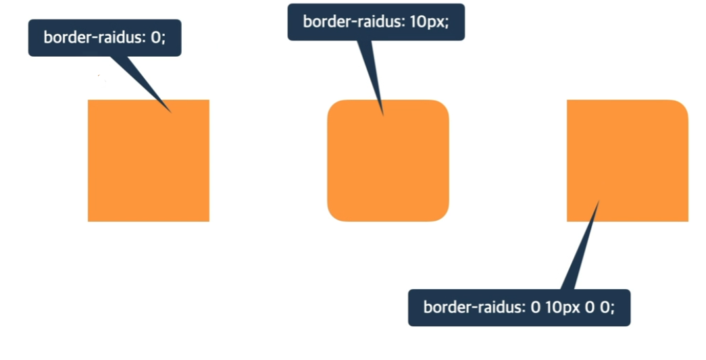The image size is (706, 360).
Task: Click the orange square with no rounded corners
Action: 148,160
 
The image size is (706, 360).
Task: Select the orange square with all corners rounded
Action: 388,160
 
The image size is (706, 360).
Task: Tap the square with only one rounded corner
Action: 627,160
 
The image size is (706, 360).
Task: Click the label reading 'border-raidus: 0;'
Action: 105,38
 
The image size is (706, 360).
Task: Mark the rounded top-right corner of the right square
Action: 683,105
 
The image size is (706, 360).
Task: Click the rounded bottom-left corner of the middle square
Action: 332,216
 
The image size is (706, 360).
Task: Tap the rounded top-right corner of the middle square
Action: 443,105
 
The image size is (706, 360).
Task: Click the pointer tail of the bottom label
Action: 581,250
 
